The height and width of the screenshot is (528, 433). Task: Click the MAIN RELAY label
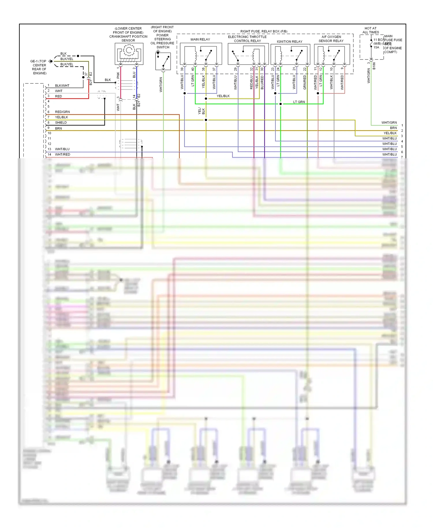point(200,39)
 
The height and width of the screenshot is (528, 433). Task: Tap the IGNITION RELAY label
point(290,42)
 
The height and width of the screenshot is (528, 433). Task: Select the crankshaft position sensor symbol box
point(129,54)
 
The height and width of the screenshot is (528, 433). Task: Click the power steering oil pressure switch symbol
point(163,61)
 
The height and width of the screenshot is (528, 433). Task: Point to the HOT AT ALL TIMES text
point(371,30)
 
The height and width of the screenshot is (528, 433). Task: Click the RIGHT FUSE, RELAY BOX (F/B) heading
point(264,31)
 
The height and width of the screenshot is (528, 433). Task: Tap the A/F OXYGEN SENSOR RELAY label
point(331,39)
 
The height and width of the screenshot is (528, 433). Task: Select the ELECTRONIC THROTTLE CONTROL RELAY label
point(247,39)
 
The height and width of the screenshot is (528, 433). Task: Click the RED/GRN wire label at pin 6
point(62,112)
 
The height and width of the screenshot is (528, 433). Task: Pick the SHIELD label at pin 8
point(61,122)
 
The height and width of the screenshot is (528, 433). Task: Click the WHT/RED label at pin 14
point(62,155)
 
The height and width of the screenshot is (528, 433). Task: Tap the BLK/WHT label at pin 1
point(62,85)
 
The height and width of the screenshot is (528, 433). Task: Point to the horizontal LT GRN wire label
point(299,102)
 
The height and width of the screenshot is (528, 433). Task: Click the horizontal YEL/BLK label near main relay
point(223,96)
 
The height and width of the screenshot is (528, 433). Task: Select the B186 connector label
point(374,66)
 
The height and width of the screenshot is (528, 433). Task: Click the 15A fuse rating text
point(376,47)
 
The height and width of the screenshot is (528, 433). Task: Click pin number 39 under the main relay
point(182,69)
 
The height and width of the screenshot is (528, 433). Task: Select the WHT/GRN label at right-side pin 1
point(389,122)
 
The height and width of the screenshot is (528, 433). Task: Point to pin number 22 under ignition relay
point(305,69)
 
